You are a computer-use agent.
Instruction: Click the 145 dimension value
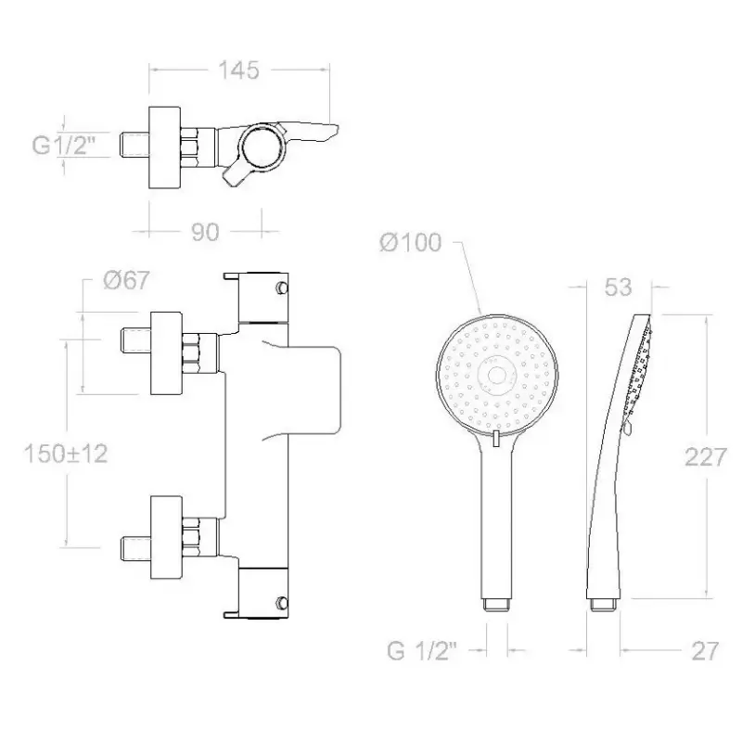pos(238,70)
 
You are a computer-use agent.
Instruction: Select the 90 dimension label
pos(205,232)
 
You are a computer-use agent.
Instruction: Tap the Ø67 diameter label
pos(126,280)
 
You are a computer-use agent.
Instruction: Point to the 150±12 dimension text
pos(66,454)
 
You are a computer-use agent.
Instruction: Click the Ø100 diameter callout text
pos(411,243)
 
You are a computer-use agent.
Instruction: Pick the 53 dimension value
pos(619,287)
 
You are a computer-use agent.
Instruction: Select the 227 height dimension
pos(705,457)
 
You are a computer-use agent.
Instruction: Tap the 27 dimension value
pos(705,651)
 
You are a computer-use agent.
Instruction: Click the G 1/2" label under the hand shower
pos(422,651)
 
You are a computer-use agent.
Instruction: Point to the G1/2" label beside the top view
pos(64,145)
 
